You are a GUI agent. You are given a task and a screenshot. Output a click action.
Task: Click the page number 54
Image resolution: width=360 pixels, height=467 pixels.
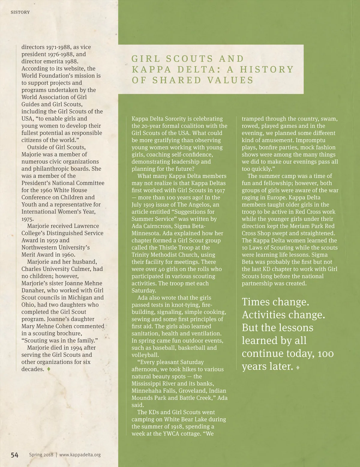[15, 455]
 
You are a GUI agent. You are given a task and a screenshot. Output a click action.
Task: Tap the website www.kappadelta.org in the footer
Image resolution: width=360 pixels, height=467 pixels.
[80, 455]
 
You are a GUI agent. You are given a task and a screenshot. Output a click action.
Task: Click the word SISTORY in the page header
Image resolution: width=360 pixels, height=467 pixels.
[20, 12]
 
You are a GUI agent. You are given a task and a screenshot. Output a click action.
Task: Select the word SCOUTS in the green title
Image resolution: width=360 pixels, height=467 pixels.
[184, 59]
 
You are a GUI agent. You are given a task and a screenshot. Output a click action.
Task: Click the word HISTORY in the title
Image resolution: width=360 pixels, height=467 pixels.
[266, 70]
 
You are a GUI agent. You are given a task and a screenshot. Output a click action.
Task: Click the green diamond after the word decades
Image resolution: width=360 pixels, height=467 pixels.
[49, 369]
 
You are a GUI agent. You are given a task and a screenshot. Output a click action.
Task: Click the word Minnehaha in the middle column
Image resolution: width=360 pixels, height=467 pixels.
[145, 391]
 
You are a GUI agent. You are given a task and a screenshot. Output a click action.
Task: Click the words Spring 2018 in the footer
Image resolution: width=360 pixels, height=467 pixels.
[41, 455]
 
